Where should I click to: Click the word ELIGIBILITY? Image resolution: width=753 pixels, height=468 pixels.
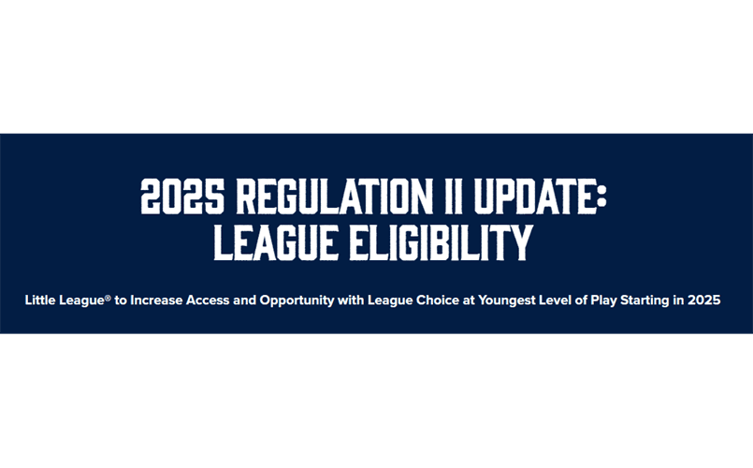tap(439, 242)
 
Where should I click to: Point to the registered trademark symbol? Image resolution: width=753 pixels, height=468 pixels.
tap(109, 297)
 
